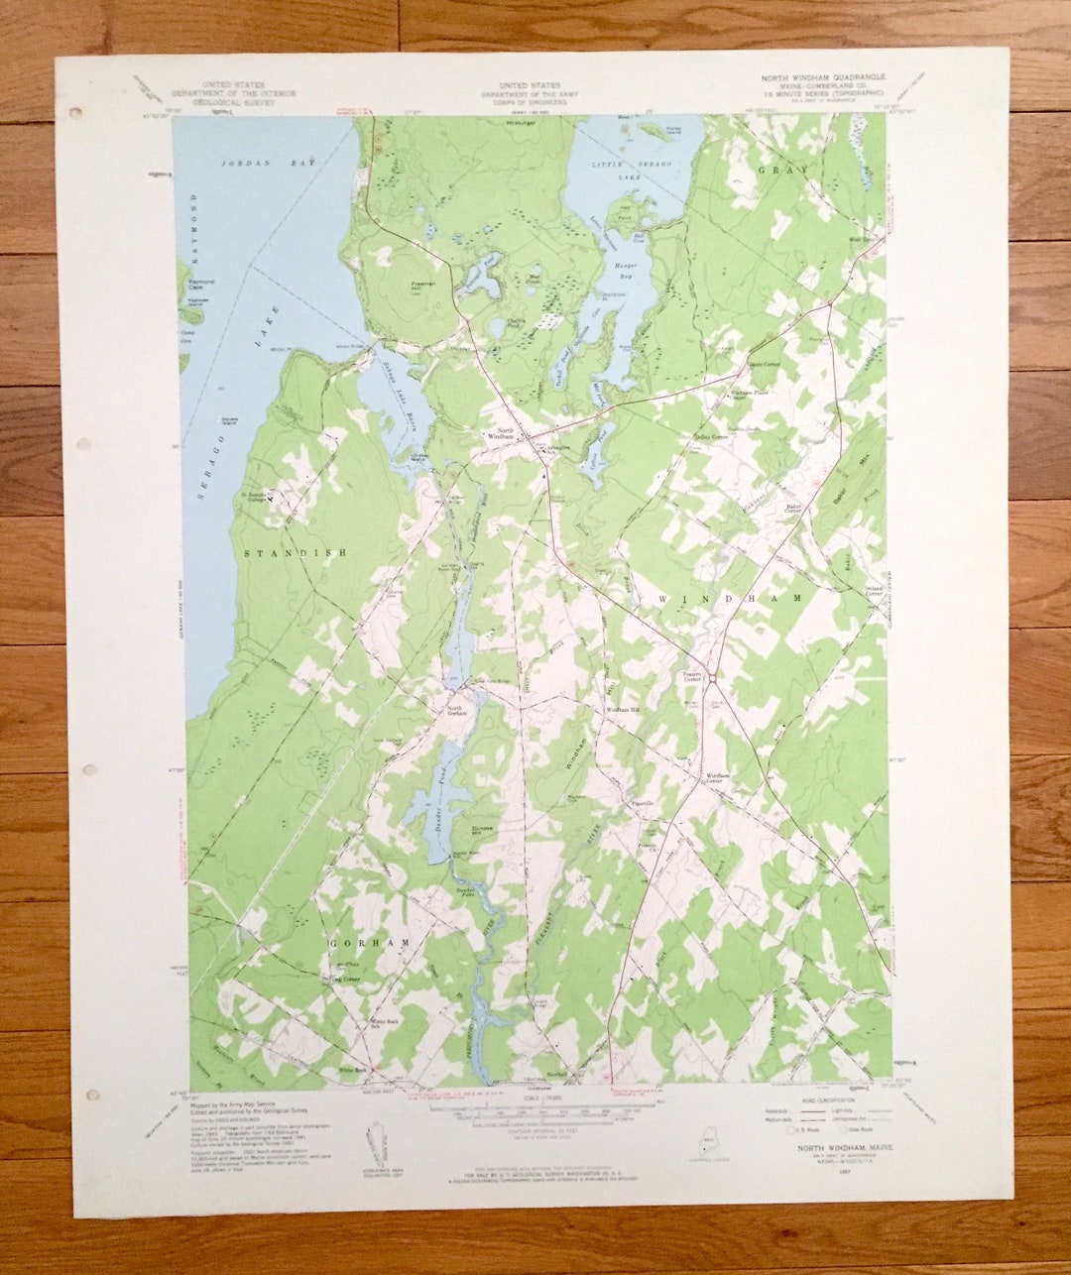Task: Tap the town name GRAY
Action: (x=797, y=171)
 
